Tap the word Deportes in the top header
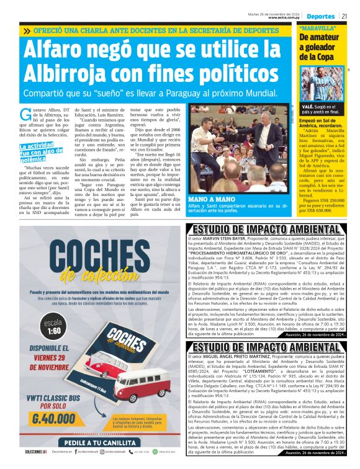pos(321,16)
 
